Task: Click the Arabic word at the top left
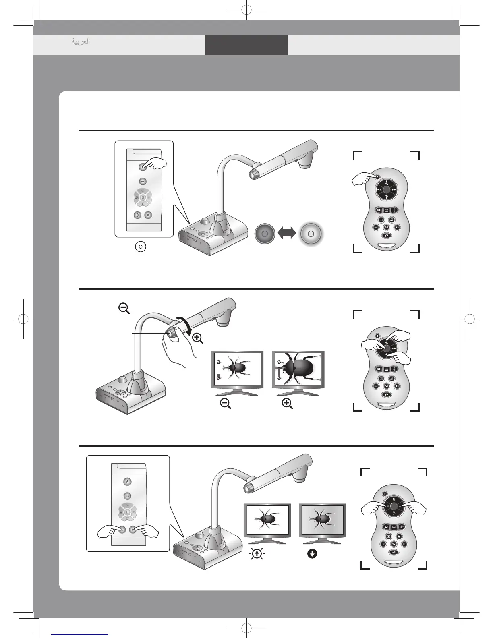pyautogui.click(x=81, y=41)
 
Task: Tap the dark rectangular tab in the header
pyautogui.click(x=246, y=45)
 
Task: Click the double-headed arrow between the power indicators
pyautogui.click(x=287, y=233)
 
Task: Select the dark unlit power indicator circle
pyautogui.click(x=265, y=233)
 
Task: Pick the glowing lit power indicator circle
pyautogui.click(x=311, y=233)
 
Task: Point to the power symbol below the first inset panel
pyautogui.click(x=140, y=246)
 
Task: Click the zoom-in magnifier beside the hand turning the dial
pyautogui.click(x=197, y=339)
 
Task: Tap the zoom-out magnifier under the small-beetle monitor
pyautogui.click(x=226, y=404)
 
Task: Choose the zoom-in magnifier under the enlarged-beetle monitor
pyautogui.click(x=287, y=404)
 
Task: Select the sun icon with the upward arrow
pyautogui.click(x=257, y=554)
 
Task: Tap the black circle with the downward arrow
pyautogui.click(x=312, y=554)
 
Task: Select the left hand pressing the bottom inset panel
pyautogui.click(x=109, y=532)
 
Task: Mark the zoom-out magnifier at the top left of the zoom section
pyautogui.click(x=124, y=309)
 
